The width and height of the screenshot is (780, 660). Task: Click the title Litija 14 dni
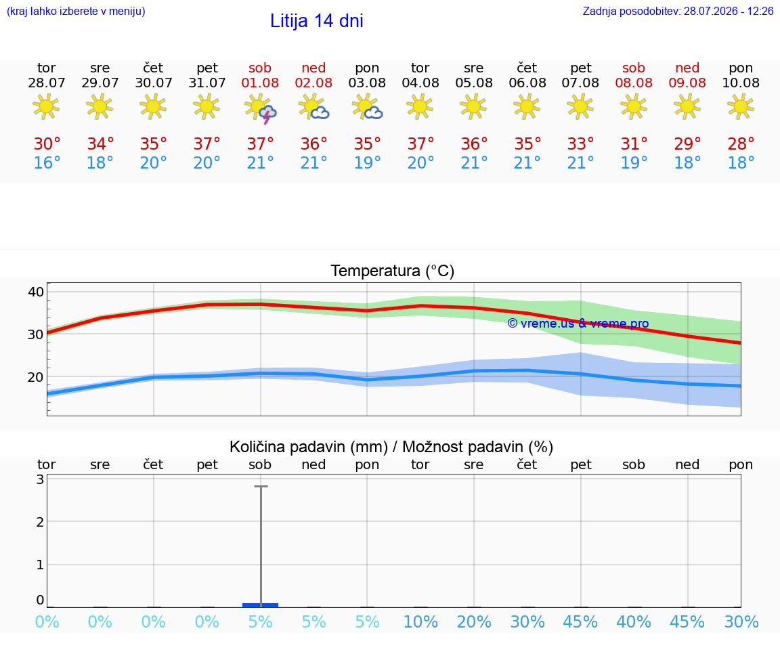[x=316, y=21]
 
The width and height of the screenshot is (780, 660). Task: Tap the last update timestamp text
[x=678, y=11]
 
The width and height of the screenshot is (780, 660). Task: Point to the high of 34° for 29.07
[x=100, y=144]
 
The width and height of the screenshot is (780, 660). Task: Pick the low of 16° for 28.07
[x=47, y=162]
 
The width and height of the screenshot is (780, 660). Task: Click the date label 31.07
[x=207, y=83]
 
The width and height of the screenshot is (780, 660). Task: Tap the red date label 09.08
[x=687, y=83]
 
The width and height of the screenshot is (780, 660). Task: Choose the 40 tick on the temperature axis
[x=36, y=292]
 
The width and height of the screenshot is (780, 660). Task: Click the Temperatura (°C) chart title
[x=393, y=271]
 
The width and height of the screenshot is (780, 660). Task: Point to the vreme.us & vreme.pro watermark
[x=578, y=324]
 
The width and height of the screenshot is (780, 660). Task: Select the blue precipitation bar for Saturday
[x=260, y=604]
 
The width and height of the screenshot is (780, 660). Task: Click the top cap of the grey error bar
[x=261, y=487]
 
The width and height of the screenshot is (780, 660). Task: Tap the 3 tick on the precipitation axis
[x=41, y=479]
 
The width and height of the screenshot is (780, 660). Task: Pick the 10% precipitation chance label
[x=420, y=621]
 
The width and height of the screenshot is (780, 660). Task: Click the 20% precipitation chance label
[x=473, y=621]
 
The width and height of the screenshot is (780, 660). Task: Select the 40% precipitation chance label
[x=634, y=621]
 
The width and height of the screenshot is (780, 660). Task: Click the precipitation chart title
[x=391, y=447]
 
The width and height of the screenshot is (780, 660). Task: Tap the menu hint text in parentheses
[x=76, y=11]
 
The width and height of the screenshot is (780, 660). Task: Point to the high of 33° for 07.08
[x=580, y=144]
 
